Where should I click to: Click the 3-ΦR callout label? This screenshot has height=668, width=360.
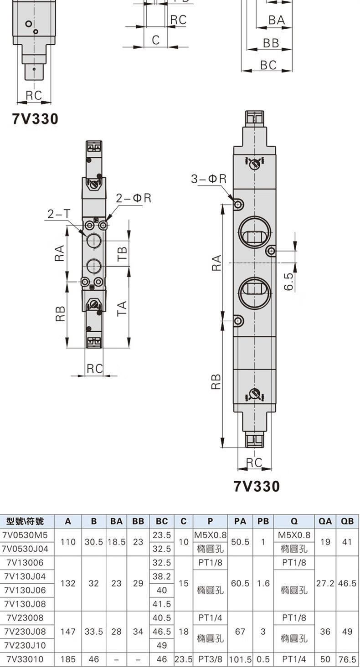pyautogui.click(x=209, y=179)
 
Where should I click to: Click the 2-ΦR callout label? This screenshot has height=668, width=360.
pyautogui.click(x=134, y=198)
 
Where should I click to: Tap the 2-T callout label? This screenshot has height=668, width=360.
pyautogui.click(x=59, y=214)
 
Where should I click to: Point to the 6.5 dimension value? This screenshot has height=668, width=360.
pyautogui.click(x=289, y=282)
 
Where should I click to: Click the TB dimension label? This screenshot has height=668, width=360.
pyautogui.click(x=122, y=254)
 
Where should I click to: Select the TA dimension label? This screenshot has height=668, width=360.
pyautogui.click(x=122, y=308)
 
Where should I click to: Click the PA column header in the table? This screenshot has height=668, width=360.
pyautogui.click(x=240, y=521)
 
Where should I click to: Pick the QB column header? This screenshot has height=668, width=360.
pyautogui.click(x=347, y=521)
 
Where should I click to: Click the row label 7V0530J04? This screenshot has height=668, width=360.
pyautogui.click(x=25, y=549)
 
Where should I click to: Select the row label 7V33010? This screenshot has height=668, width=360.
pyautogui.click(x=25, y=659)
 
